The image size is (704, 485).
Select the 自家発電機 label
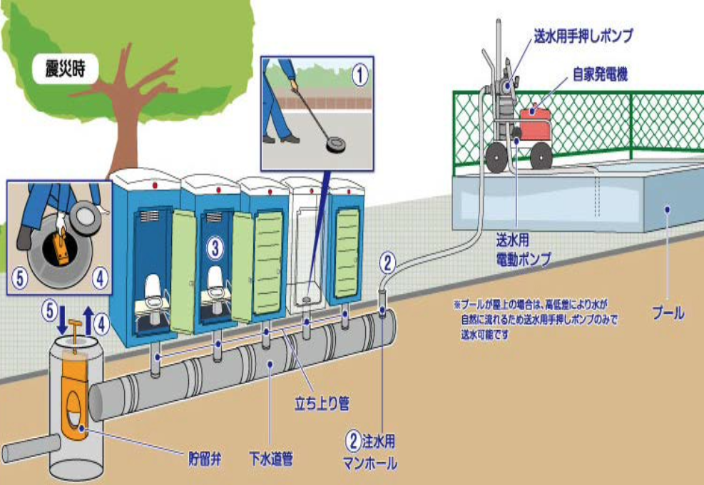tap(600, 75)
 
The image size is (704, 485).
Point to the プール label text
tap(668, 312)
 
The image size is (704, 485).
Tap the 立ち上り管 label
tap(322, 404)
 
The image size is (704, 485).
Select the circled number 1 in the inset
tap(361, 72)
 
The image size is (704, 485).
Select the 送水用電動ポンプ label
tap(524, 251)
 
